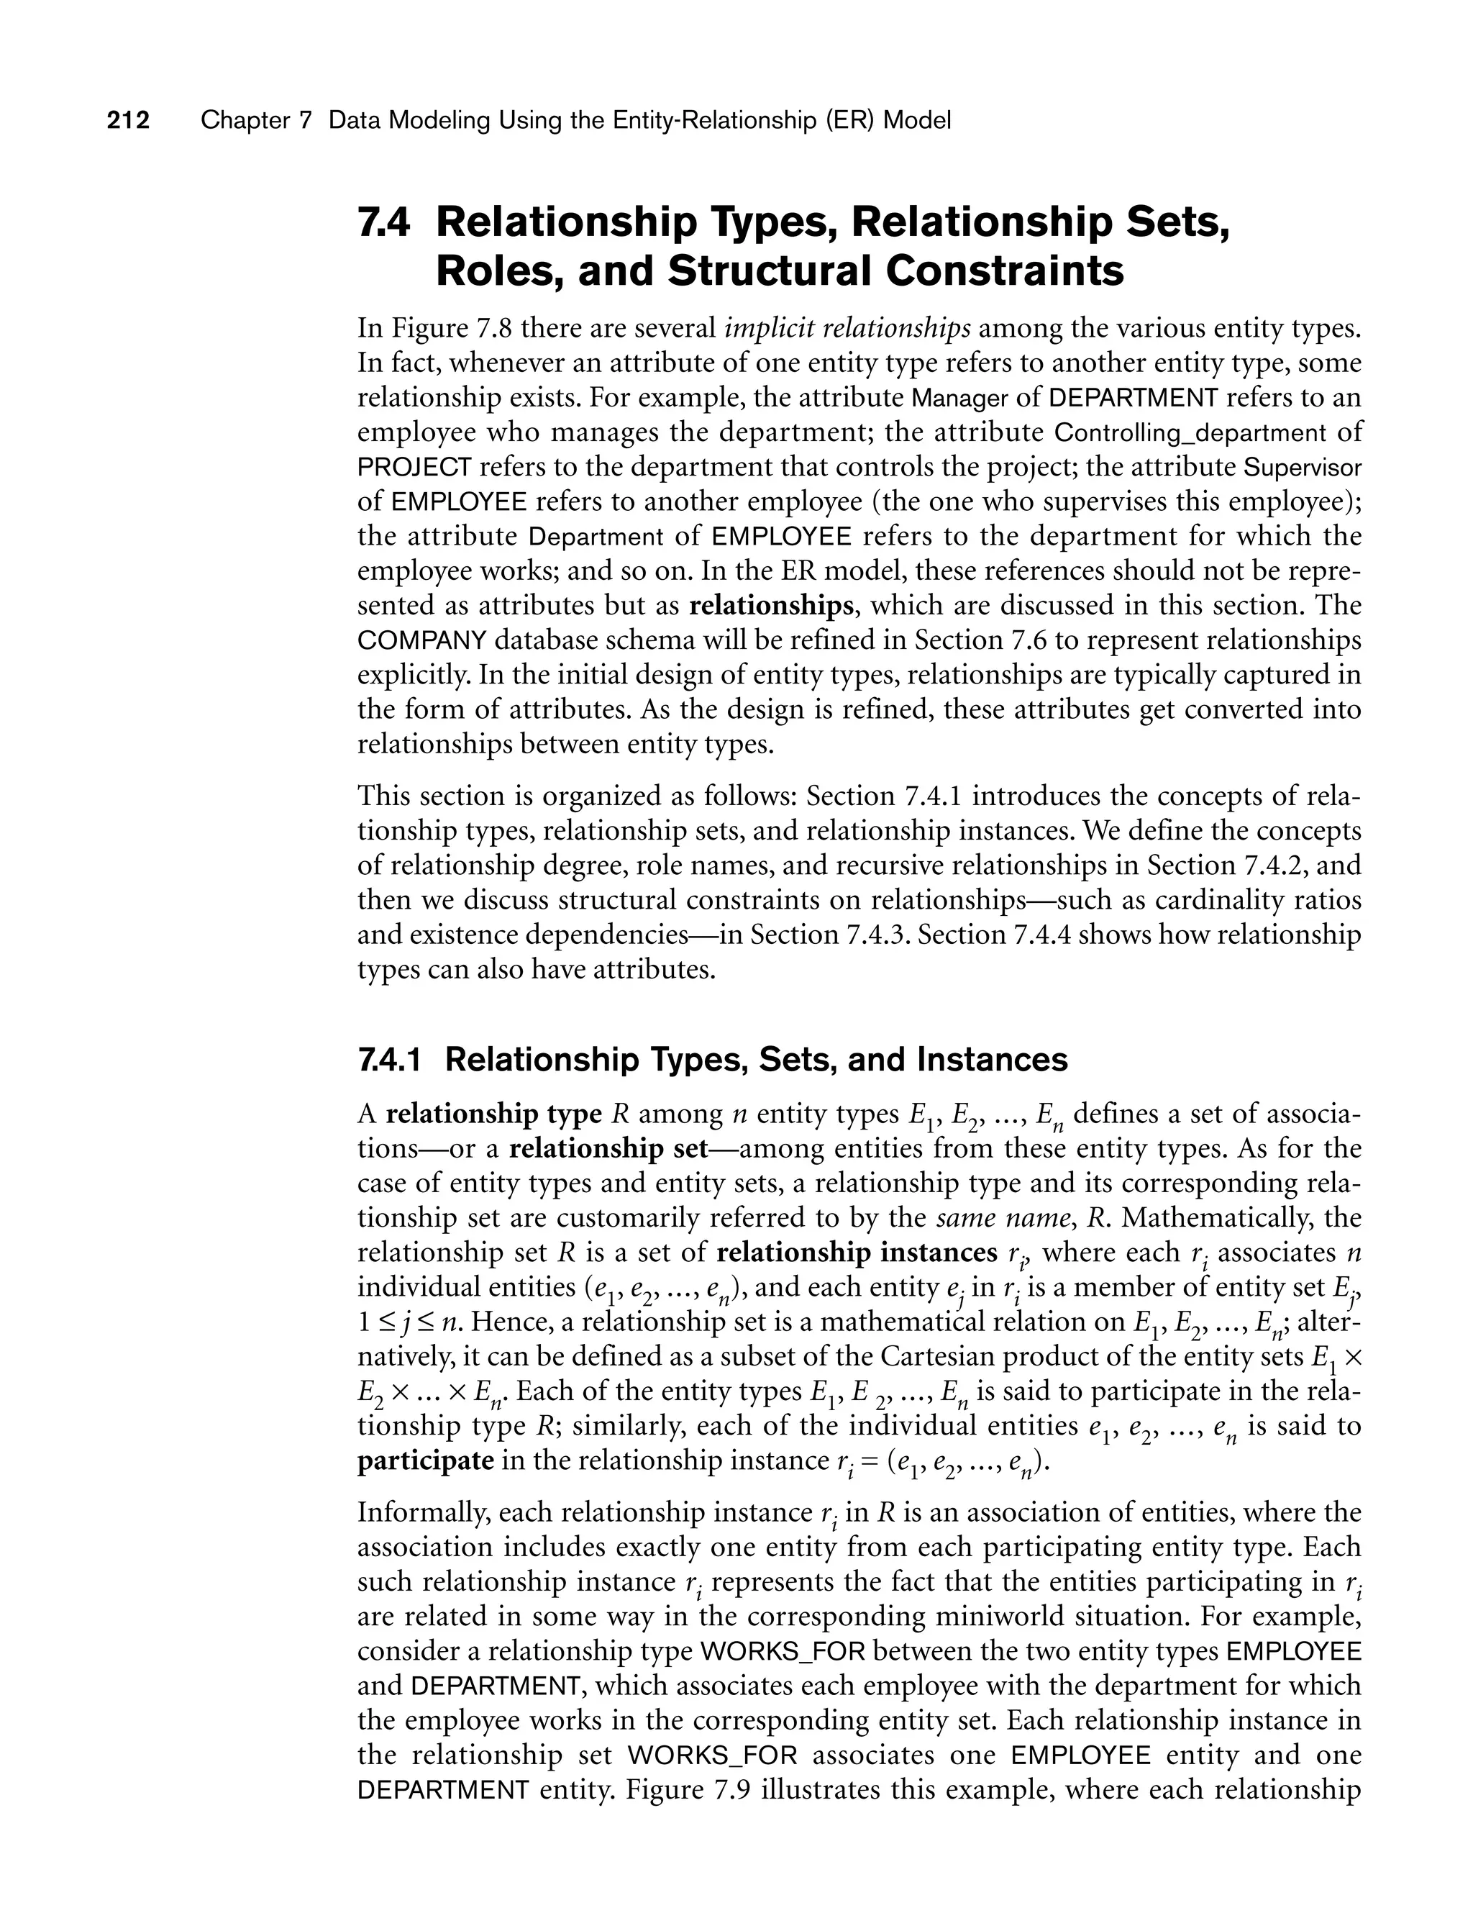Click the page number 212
128,120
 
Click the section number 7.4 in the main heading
384,223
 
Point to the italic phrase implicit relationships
847,328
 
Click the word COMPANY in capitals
421,641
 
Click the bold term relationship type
493,1114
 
